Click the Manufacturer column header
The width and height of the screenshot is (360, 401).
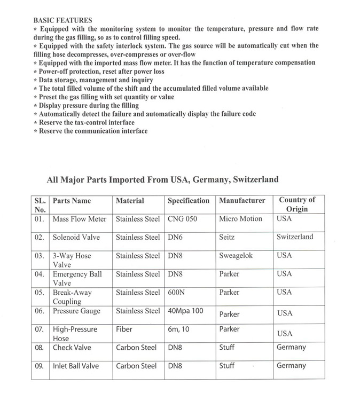click(242, 201)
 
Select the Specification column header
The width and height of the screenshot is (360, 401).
click(189, 201)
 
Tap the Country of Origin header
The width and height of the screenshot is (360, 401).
click(297, 205)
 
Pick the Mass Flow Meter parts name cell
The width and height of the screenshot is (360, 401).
click(80, 219)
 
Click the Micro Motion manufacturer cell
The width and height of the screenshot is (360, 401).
click(241, 219)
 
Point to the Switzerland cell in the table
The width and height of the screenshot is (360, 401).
click(295, 237)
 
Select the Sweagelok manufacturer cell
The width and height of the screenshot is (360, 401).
click(236, 256)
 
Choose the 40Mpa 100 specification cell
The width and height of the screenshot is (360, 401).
click(185, 311)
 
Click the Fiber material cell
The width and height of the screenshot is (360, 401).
click(124, 329)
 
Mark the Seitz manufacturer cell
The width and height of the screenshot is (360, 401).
click(227, 237)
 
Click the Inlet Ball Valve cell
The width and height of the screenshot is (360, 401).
click(76, 366)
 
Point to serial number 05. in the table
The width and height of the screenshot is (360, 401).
click(40, 293)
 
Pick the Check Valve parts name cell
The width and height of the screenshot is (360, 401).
click(72, 348)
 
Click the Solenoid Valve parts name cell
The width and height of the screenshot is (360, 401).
click(76, 237)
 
